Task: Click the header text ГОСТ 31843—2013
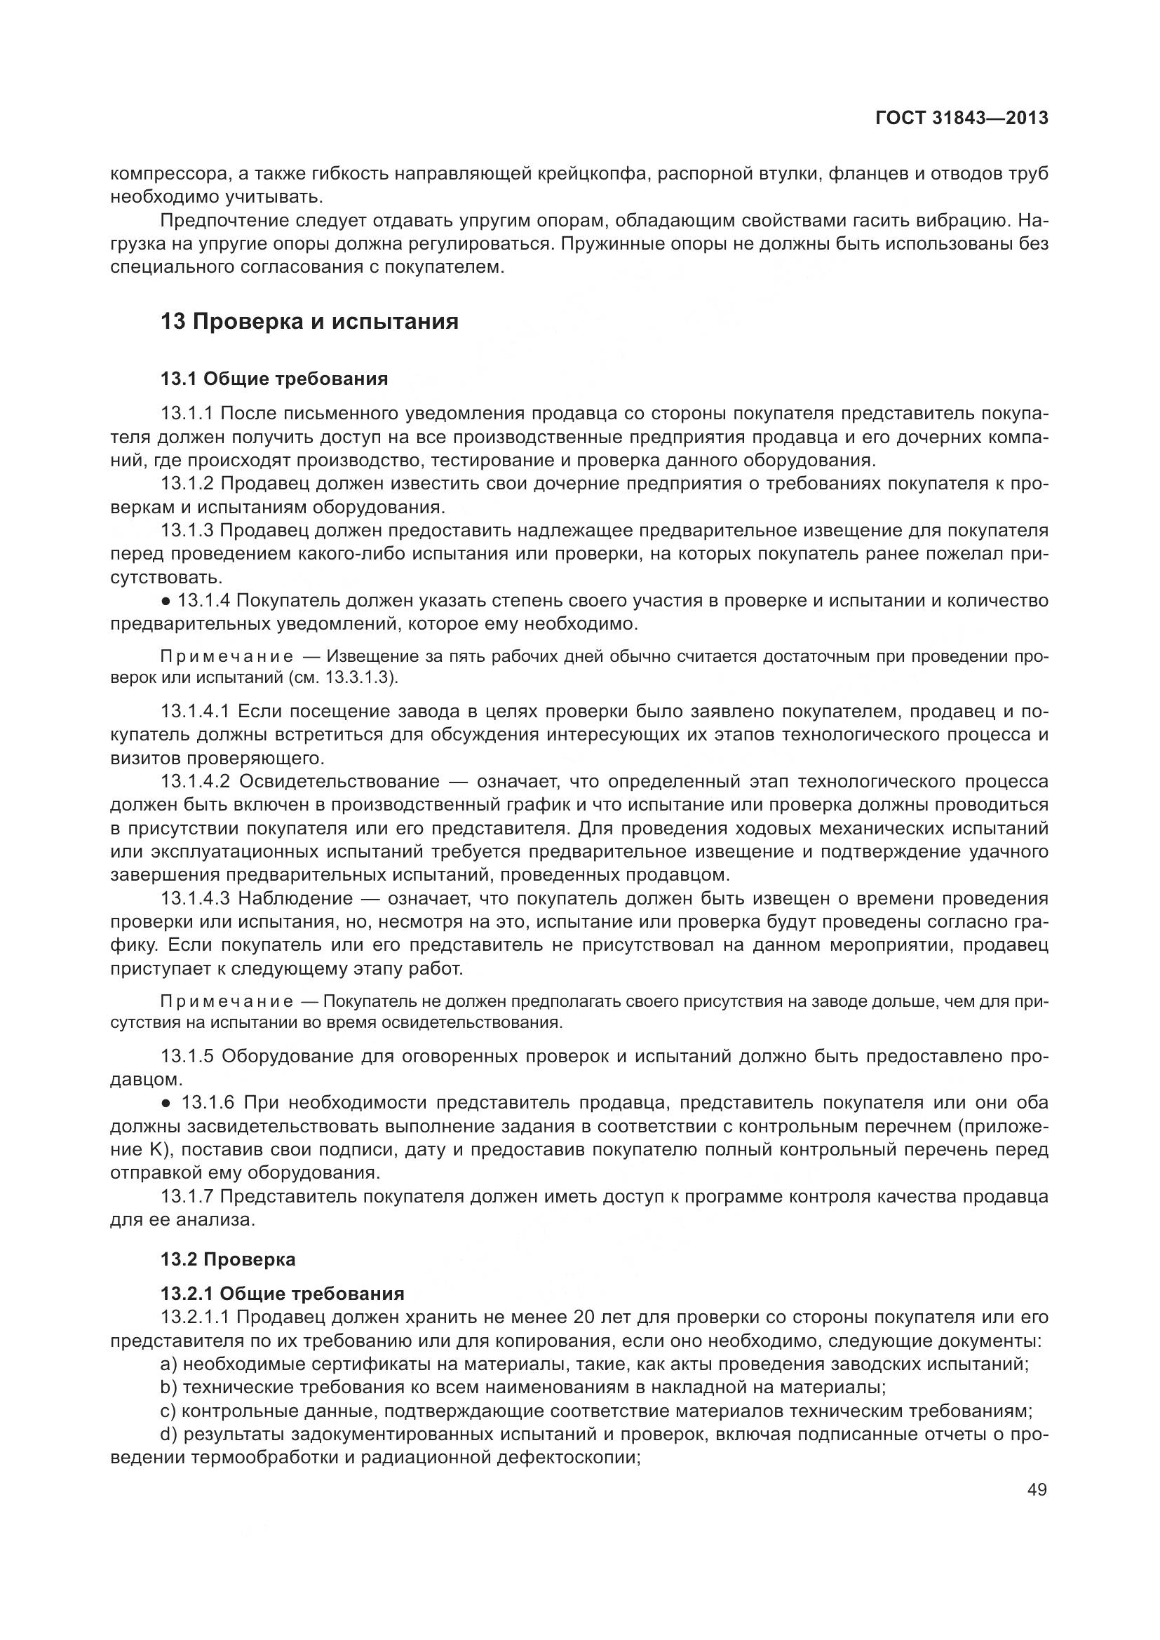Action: (x=962, y=118)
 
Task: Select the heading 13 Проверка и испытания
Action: (x=309, y=321)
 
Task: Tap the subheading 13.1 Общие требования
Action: (x=274, y=379)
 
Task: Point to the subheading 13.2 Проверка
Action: (x=228, y=1259)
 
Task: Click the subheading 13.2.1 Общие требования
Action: (x=282, y=1294)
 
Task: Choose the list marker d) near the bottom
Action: (x=168, y=1435)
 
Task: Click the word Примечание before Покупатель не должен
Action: (x=227, y=1001)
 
